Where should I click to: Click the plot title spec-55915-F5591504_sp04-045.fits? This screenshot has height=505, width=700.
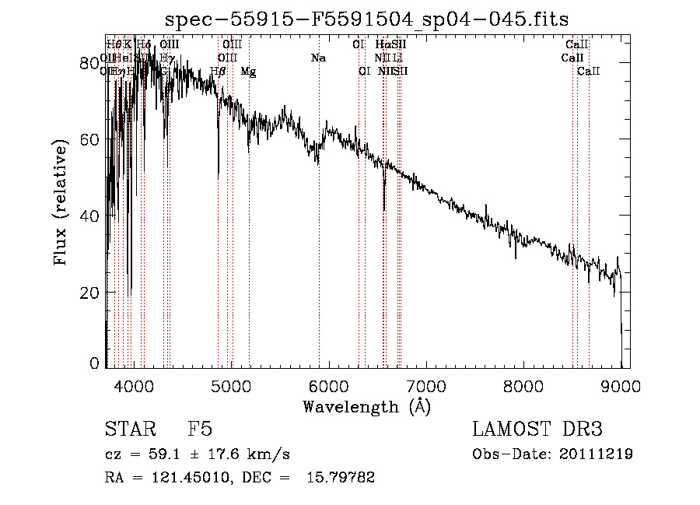click(367, 19)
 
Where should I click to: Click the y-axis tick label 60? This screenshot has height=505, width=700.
click(91, 139)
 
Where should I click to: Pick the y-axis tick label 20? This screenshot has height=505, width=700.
click(91, 293)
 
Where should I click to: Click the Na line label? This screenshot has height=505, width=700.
click(317, 58)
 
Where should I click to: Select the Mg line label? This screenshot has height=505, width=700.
click(248, 72)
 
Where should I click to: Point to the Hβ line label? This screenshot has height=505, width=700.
click(218, 72)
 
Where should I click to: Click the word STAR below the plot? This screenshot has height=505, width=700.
click(129, 430)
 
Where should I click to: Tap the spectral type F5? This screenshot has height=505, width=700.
click(200, 430)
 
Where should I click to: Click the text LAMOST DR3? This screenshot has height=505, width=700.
click(537, 430)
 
